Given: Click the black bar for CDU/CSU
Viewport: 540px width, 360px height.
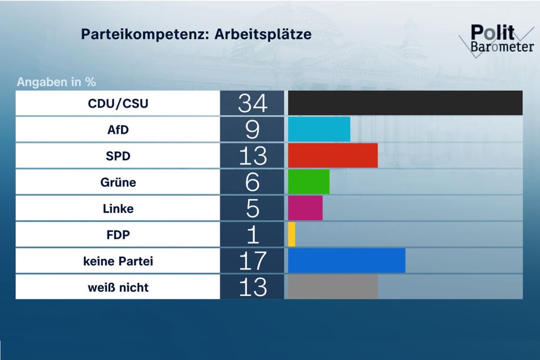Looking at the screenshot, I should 405,103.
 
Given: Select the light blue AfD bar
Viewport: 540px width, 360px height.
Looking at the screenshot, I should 319,129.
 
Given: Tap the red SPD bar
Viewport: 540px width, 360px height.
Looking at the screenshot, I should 333,156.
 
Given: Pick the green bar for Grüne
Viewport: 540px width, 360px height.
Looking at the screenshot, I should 309,182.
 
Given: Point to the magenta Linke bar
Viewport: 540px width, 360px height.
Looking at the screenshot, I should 305,208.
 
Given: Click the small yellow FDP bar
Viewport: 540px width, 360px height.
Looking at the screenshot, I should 292,235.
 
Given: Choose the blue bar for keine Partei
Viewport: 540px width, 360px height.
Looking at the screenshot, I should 346,261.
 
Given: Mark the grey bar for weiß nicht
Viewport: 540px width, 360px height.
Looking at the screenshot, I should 333,287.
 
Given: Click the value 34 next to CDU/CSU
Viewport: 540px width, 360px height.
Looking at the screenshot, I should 252,103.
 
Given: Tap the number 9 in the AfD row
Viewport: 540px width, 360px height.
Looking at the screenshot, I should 252,129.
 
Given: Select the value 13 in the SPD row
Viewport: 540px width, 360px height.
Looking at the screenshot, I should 252,156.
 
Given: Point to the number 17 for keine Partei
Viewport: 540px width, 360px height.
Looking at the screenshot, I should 252,261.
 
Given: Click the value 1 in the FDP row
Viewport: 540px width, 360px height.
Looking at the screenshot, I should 252,235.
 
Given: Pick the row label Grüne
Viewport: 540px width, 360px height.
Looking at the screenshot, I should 118,183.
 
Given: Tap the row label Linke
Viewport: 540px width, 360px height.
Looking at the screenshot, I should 118,209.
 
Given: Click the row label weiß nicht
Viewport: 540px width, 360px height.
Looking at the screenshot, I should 118,287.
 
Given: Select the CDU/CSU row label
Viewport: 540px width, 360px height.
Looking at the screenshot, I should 118,104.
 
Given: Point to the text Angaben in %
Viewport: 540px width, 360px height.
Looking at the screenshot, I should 56,82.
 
